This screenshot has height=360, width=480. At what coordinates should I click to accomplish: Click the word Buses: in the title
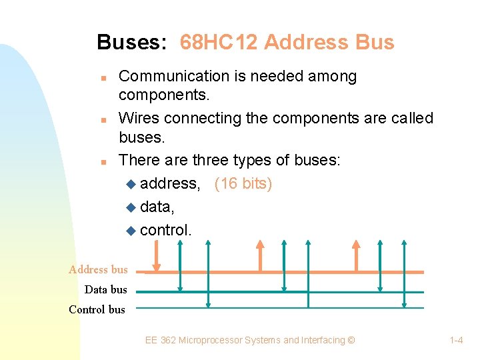pyautogui.click(x=131, y=43)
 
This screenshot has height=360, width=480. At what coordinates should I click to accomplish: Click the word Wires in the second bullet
pyautogui.click(x=138, y=118)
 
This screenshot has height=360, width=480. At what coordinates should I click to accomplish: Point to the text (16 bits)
pyautogui.click(x=243, y=183)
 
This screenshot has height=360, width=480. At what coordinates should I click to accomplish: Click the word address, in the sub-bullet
pyautogui.click(x=170, y=183)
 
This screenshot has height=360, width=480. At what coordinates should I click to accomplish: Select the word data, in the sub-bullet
pyautogui.click(x=157, y=207)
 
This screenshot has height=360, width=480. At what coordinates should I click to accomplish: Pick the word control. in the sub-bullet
pyautogui.click(x=166, y=230)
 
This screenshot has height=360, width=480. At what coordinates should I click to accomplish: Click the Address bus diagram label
pyautogui.click(x=98, y=270)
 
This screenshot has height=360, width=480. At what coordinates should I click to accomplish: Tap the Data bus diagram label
pyautogui.click(x=105, y=289)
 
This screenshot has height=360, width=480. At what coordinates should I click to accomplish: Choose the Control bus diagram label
pyautogui.click(x=97, y=309)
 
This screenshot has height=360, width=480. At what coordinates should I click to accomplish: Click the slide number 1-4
pyautogui.click(x=457, y=341)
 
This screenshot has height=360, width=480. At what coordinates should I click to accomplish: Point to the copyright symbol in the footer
pyautogui.click(x=351, y=341)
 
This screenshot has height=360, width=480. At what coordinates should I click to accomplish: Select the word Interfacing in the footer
pyautogui.click(x=323, y=341)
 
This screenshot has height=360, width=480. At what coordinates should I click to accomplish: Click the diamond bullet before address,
pyautogui.click(x=131, y=184)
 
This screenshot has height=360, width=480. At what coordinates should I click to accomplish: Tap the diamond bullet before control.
pyautogui.click(x=131, y=231)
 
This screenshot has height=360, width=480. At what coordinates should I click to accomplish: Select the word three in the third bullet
pyautogui.click(x=211, y=160)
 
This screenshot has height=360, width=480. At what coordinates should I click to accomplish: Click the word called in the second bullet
pyautogui.click(x=411, y=118)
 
